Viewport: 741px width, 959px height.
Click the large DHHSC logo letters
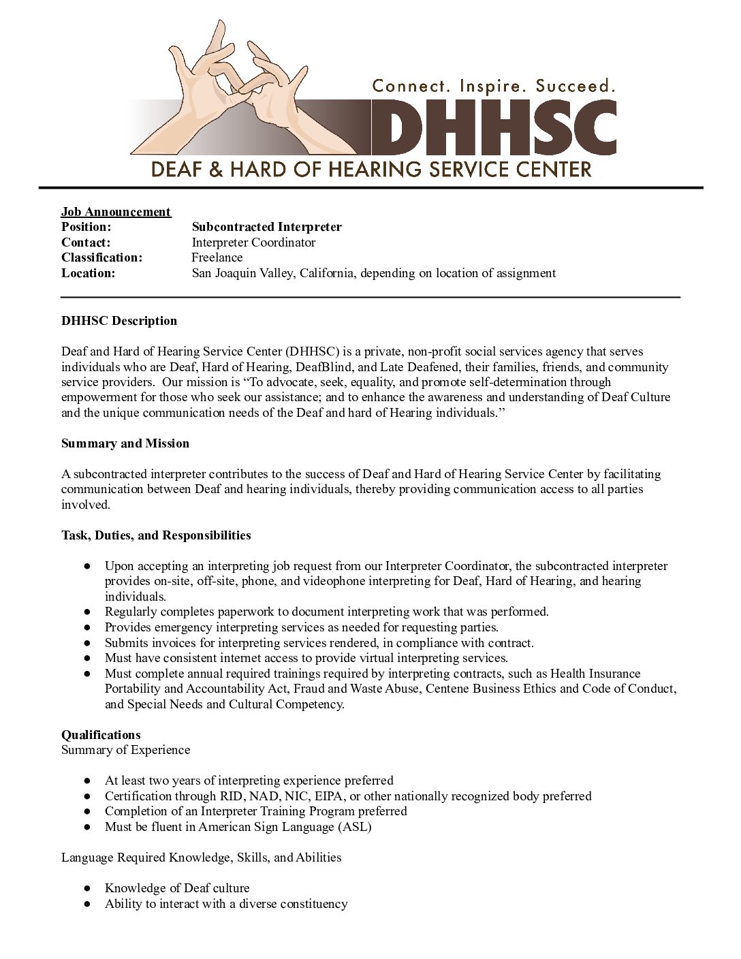coord(493,128)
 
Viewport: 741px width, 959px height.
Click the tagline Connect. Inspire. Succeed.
coord(493,86)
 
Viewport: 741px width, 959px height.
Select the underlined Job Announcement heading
coord(116,212)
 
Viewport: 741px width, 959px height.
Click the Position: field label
coord(86,227)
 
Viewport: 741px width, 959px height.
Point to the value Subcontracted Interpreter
coord(266,227)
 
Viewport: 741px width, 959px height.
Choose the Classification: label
coord(101,257)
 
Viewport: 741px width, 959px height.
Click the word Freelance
coord(217,257)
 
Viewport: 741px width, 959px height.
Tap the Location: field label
coord(88,273)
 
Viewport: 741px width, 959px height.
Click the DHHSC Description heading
coord(119,321)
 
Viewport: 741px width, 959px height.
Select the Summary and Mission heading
coord(125,443)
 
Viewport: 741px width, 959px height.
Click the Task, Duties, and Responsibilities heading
coord(156,535)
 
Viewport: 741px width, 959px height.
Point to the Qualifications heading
coord(101,734)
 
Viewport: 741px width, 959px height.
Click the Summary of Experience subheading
coord(125,750)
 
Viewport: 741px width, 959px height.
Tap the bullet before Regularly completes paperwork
coord(87,612)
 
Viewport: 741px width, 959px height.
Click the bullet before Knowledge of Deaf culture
coord(87,888)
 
